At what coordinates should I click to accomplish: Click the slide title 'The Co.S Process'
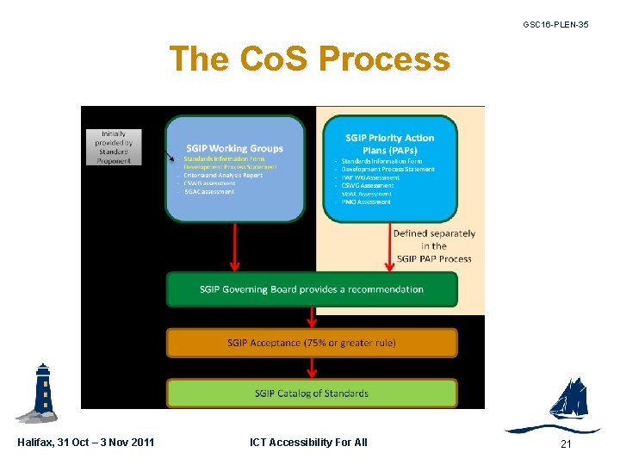(309, 59)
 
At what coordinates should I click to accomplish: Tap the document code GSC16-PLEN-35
(555, 25)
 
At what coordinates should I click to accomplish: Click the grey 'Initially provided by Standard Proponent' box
(114, 147)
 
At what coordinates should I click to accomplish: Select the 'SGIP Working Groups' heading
(234, 147)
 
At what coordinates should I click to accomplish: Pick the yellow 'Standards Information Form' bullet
(224, 158)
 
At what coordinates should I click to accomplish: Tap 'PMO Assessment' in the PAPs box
(367, 201)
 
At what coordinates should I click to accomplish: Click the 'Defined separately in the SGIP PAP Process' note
(433, 245)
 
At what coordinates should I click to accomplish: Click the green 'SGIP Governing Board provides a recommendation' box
(312, 289)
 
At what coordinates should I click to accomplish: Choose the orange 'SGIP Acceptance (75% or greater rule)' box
(312, 343)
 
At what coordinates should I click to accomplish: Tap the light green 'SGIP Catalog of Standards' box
(312, 394)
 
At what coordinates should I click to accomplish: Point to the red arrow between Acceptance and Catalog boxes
(312, 368)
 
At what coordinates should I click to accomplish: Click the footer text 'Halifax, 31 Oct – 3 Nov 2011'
(86, 443)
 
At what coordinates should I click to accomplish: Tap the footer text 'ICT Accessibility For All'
(308, 443)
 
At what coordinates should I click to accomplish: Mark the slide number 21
(566, 443)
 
